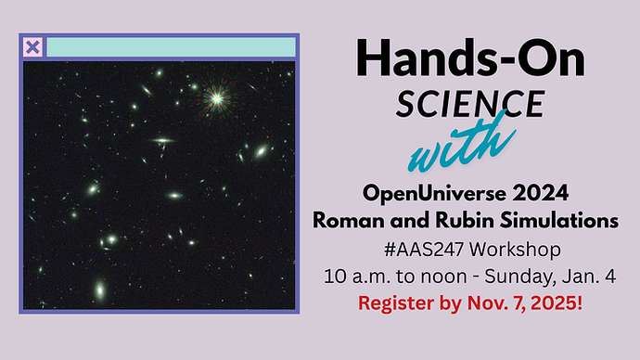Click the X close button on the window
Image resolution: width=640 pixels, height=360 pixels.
[x=32, y=47]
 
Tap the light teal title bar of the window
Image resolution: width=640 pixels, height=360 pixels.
[x=171, y=47]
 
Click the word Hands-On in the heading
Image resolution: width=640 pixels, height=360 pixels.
[x=471, y=60]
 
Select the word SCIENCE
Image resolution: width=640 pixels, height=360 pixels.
[x=470, y=104]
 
